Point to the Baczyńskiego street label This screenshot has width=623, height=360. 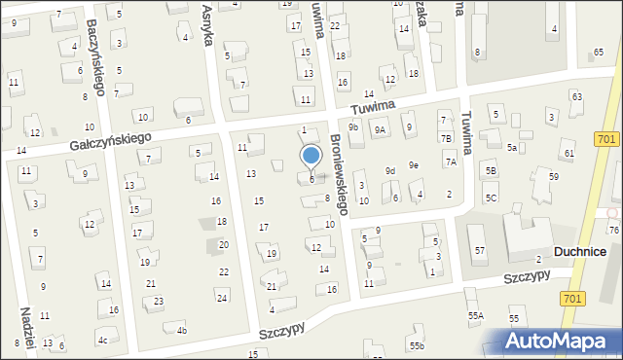[94, 58]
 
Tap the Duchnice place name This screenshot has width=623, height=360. [580, 251]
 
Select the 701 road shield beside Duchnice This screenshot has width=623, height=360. [573, 298]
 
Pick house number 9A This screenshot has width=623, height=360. [381, 128]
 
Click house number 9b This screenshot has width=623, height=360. [354, 127]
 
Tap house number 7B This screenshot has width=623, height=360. [446, 138]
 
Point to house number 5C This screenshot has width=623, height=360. [492, 198]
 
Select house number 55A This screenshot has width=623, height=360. [475, 315]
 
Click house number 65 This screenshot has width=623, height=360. [598, 52]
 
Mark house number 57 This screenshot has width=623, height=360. [480, 251]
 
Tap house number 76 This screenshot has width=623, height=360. [613, 230]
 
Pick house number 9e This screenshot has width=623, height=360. [413, 164]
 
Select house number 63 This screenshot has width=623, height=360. [576, 96]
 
